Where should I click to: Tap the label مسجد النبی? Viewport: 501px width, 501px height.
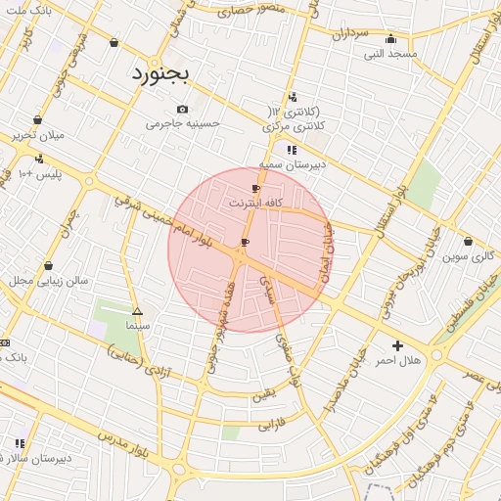390,53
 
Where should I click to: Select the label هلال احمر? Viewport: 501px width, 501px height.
397,361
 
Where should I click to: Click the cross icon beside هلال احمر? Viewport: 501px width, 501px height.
397,345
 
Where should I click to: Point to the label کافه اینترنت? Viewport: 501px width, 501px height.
256,203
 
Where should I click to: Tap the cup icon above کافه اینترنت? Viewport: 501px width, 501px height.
256,188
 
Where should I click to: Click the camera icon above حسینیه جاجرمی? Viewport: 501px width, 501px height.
182,109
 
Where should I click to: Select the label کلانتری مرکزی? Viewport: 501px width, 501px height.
294,127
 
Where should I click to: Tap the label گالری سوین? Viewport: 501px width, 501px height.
468,256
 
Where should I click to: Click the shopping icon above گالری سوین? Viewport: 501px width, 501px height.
468,242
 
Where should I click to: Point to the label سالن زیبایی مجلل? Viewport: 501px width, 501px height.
49,281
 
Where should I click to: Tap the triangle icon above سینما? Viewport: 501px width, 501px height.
137,309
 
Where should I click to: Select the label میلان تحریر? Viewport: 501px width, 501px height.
37,135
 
